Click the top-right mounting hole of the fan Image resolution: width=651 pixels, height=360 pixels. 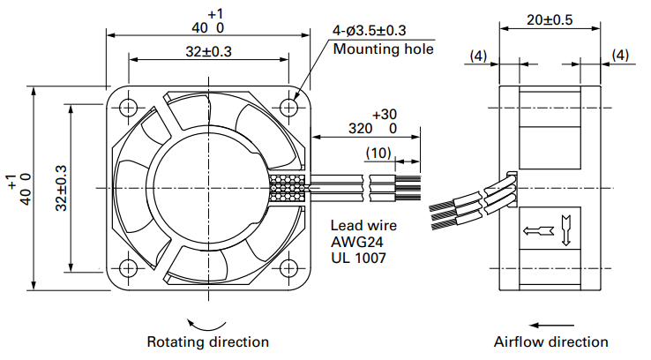[x=289, y=107]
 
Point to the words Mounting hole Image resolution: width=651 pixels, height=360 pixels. [x=383, y=49]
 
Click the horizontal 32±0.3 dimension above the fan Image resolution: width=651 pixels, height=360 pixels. [x=208, y=51]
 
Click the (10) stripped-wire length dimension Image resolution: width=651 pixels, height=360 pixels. [x=379, y=153]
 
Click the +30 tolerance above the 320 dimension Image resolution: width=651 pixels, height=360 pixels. [x=385, y=115]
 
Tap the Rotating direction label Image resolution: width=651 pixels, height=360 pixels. [x=207, y=341]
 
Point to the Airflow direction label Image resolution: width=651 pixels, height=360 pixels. [x=550, y=341]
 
